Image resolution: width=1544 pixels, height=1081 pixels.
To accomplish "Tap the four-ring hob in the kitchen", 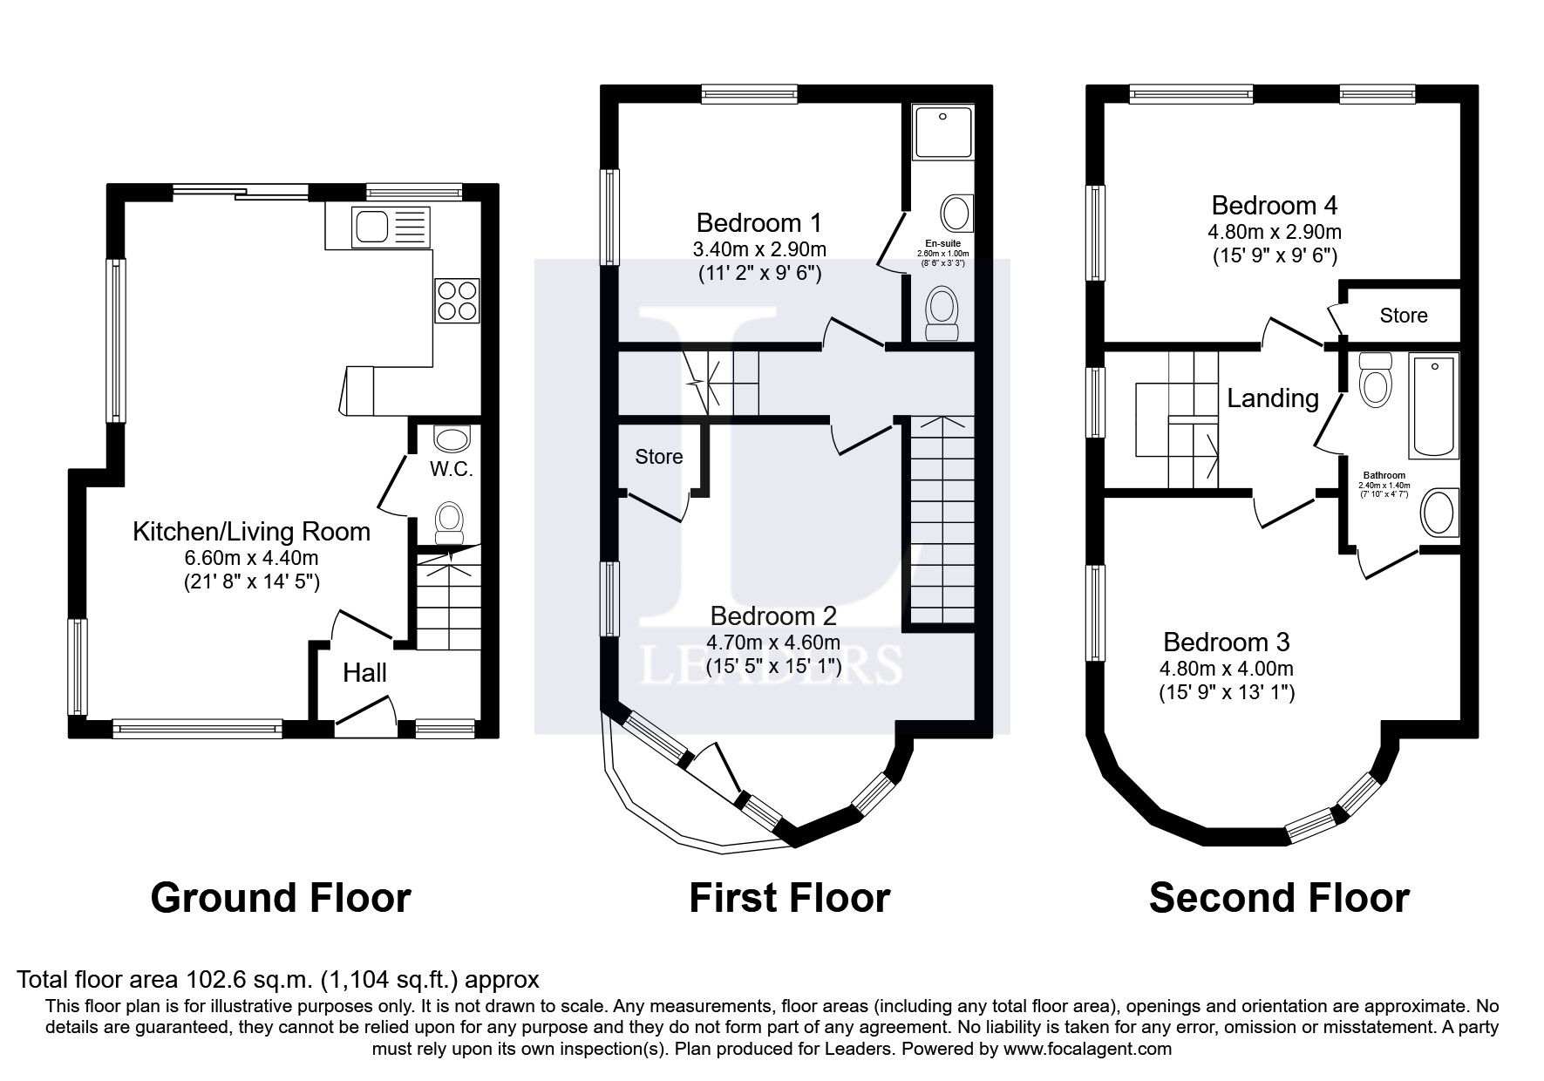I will point(458,300).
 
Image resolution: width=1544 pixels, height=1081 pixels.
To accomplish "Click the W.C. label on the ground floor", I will point(452,469).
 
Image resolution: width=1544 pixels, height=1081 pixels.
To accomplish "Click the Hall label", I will point(364,673).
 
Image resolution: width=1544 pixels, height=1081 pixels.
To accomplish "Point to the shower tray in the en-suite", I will point(942,133).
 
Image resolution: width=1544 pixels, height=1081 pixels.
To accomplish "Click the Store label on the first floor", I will point(658,457).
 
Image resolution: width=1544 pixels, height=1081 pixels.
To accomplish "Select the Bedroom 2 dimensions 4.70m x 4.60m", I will point(773,643).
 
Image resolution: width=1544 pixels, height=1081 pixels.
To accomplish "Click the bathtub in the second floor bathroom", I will point(1434,406).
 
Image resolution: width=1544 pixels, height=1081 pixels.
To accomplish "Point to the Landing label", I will point(1272,398).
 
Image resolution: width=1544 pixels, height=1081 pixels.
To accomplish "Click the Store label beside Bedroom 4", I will point(1404,316).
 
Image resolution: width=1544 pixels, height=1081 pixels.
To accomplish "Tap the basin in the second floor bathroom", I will point(1439,513).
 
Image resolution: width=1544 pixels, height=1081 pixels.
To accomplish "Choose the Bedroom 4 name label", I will point(1274,206).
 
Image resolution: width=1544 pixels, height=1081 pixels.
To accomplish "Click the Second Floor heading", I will point(1279,898).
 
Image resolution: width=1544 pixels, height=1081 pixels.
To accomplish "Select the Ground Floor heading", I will point(280,898).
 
